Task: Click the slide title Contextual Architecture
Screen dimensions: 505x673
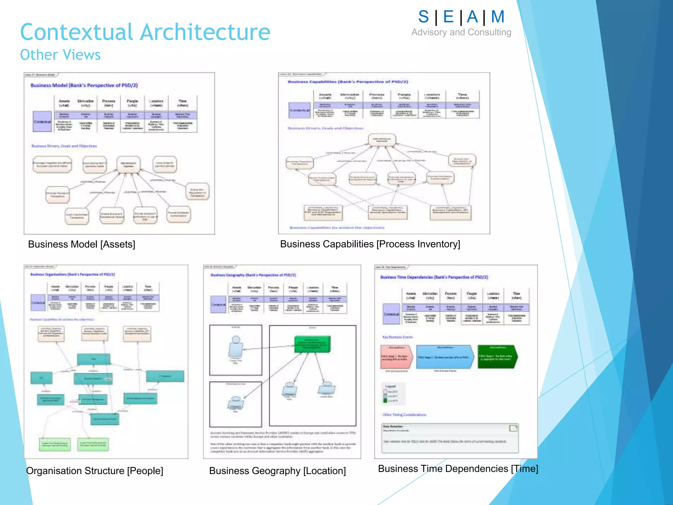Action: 145,32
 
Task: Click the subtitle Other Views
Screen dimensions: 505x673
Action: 60,55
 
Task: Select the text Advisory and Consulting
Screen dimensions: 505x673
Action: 461,32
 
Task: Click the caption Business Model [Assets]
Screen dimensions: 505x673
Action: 81,244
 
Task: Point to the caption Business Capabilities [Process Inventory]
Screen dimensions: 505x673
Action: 370,244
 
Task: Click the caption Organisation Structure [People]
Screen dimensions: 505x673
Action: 95,471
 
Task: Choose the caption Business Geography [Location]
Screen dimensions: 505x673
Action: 277,471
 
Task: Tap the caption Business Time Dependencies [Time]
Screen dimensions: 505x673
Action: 458,469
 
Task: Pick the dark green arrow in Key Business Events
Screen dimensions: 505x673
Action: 497,357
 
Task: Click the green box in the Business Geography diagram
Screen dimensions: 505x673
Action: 312,344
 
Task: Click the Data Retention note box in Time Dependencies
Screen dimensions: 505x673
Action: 450,438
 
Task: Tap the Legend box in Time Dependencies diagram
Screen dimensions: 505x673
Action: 393,394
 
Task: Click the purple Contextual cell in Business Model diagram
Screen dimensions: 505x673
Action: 42,122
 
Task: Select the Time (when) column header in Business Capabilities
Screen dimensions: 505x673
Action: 462,96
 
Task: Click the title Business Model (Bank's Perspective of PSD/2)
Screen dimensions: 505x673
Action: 84,85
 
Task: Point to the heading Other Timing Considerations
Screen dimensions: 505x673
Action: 404,415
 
